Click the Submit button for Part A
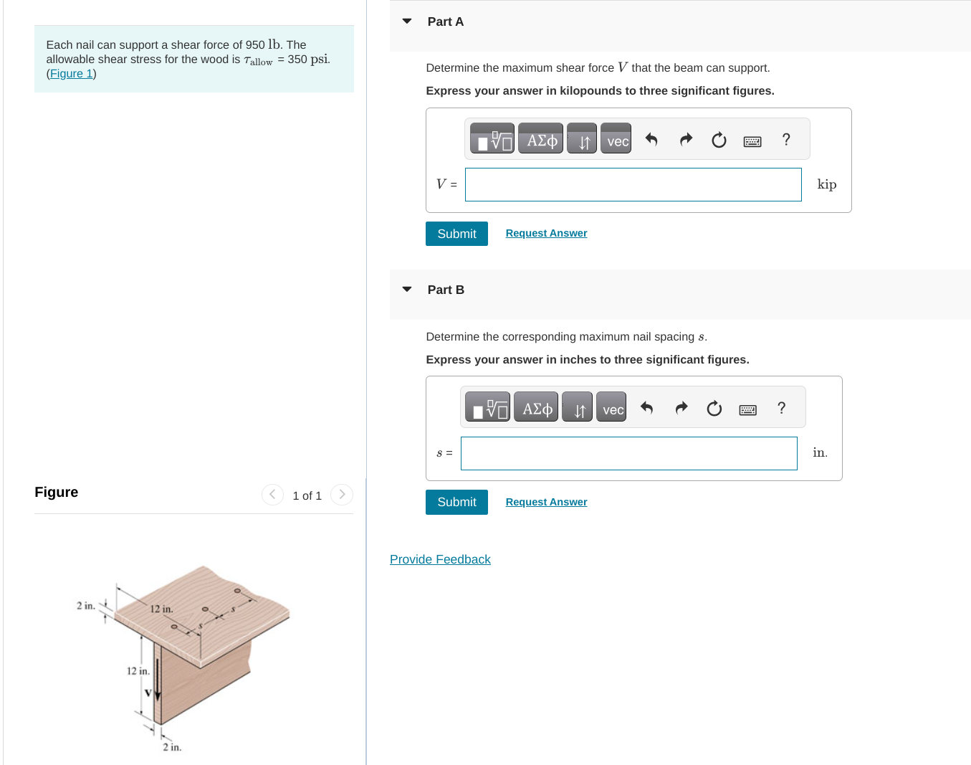456,234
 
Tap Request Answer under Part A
546,233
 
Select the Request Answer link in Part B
546,502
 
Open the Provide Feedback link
440,559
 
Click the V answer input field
633,185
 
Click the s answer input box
628,454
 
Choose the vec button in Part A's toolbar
616,140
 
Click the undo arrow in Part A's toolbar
651,140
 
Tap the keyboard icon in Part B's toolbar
747,409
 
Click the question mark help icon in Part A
786,140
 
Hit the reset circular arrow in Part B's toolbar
714,409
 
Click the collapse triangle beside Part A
407,22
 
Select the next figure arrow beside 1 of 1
342,495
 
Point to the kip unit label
826,185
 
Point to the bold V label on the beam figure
148,693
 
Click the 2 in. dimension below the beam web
172,747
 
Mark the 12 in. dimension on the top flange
161,609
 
